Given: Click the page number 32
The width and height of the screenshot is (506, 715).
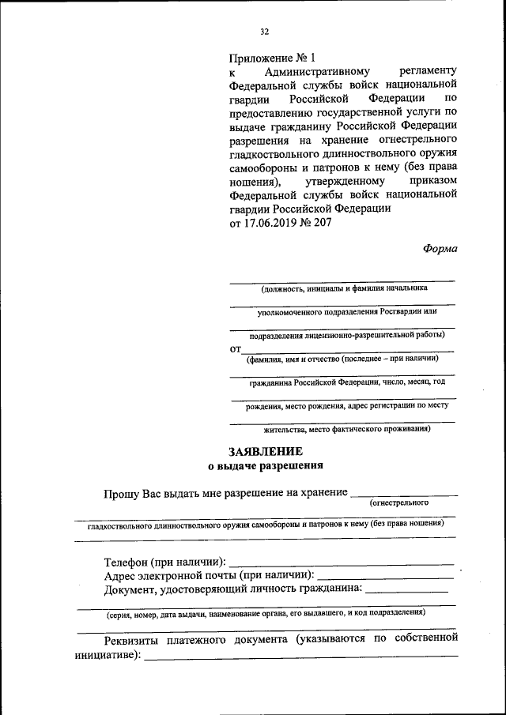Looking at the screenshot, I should (x=264, y=32).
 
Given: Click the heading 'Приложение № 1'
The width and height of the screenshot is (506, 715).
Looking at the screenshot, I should (x=272, y=58).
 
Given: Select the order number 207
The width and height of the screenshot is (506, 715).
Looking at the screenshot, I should (x=322, y=223).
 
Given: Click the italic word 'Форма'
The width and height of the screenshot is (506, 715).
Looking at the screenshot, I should (x=440, y=247).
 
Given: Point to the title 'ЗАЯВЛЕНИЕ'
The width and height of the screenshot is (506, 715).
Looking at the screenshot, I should (x=266, y=452).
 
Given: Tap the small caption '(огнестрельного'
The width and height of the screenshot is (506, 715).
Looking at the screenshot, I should (x=399, y=502).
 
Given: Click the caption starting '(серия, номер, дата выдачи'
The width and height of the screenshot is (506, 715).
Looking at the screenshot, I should (x=266, y=613).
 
